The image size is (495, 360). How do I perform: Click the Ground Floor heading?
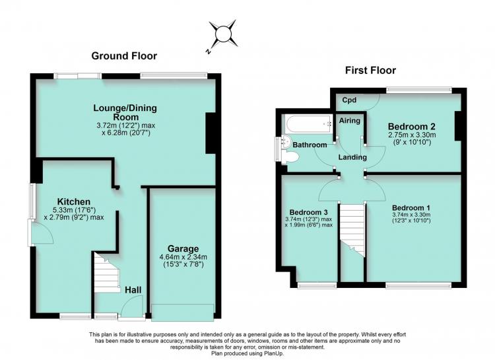coord(124,56)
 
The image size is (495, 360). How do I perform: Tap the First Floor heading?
coord(370,70)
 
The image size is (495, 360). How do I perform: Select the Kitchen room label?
coord(73,201)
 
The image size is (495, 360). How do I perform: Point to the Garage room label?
coord(183,249)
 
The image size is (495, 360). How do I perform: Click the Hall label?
coord(133,290)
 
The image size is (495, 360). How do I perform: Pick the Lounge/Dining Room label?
coord(125,112)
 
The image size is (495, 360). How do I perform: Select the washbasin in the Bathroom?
coord(286,141)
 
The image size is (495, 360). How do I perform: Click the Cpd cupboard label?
coord(349,100)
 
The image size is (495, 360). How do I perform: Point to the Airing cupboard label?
coord(349,120)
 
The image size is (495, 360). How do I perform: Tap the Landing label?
coord(352,157)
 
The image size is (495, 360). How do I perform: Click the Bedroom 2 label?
coord(412,127)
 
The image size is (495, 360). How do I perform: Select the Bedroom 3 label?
coord(308,212)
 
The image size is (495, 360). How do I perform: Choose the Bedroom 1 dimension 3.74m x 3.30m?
coord(411,215)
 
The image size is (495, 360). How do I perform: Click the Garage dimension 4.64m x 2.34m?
coord(183,257)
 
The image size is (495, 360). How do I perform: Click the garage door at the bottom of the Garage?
coord(182,312)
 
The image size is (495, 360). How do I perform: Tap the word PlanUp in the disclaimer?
coord(275,353)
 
